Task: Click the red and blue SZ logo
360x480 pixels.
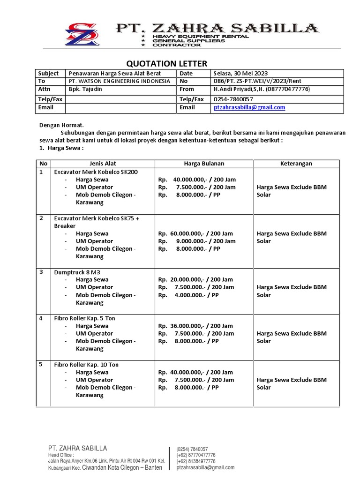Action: (x=82, y=34)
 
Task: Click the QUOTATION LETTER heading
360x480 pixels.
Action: (x=167, y=63)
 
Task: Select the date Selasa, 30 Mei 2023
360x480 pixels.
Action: (x=240, y=73)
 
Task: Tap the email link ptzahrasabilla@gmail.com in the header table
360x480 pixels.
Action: (x=249, y=107)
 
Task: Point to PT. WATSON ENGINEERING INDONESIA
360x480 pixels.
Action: (x=119, y=81)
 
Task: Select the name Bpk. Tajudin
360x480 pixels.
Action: (x=85, y=89)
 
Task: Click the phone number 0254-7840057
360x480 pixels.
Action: (x=233, y=99)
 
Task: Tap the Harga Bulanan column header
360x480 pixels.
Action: (x=204, y=164)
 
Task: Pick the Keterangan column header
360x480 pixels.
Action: (x=296, y=164)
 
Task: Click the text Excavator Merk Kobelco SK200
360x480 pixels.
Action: (x=96, y=172)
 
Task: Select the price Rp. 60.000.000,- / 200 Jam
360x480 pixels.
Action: (x=195, y=233)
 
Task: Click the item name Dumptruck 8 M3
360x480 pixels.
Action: (x=77, y=272)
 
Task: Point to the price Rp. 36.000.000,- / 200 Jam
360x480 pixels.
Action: (x=195, y=326)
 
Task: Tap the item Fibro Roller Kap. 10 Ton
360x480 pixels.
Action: (x=86, y=364)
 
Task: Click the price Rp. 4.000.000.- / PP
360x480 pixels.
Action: (x=189, y=295)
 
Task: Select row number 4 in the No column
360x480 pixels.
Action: (x=41, y=318)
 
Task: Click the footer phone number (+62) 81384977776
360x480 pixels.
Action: (x=196, y=461)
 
